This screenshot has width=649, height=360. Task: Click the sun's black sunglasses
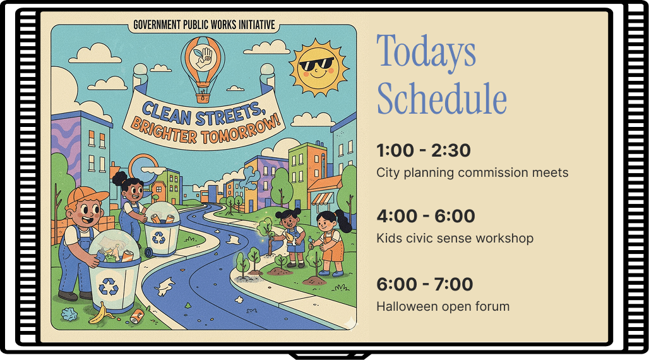(316, 64)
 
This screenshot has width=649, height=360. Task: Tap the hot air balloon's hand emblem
(203, 57)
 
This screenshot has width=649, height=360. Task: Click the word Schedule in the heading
(442, 99)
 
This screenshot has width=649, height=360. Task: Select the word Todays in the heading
(426, 51)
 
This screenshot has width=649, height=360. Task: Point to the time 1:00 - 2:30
(424, 150)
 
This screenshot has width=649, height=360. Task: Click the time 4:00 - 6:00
(426, 216)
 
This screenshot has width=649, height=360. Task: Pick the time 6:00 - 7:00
(425, 285)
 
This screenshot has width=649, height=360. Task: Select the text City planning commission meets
(472, 173)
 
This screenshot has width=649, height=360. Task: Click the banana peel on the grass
(102, 314)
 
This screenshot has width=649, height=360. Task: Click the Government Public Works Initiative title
(204, 25)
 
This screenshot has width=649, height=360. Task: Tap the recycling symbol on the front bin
(109, 286)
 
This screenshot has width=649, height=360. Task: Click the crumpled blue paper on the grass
(69, 315)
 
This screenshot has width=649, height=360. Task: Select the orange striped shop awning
(322, 199)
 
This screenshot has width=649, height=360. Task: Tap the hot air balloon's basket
(203, 98)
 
